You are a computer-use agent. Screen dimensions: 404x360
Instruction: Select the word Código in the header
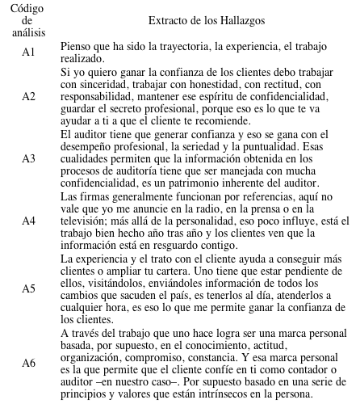28,6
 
